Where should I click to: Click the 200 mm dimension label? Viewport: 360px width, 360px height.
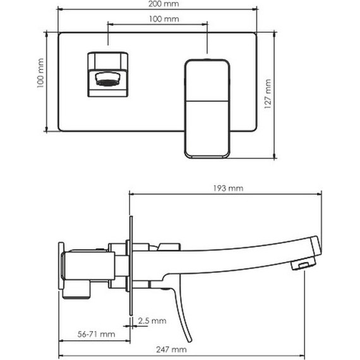[164, 4]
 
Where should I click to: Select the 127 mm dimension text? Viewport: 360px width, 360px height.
[268, 93]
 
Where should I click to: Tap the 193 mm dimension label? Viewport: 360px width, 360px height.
[228, 188]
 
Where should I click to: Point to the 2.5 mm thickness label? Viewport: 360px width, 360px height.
[152, 320]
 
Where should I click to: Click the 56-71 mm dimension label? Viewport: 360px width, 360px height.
[96, 334]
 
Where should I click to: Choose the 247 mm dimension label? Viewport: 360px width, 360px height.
[171, 349]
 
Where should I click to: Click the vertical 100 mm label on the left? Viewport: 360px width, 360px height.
[40, 73]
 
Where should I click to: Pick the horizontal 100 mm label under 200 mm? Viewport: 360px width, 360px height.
[164, 19]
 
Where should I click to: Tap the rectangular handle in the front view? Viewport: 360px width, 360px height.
[207, 109]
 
